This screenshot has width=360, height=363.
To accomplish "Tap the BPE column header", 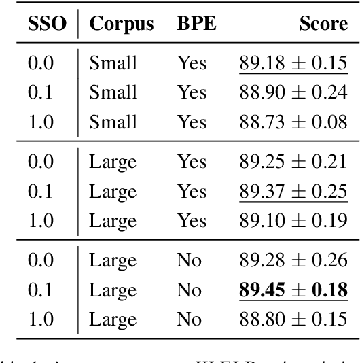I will tap(194, 25).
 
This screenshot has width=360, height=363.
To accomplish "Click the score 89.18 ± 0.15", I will tap(293, 63).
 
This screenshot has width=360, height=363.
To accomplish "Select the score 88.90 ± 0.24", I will tap(293, 92).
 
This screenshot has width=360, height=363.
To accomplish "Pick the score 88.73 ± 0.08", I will tap(293, 121).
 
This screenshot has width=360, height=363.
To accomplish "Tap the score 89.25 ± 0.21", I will tap(293, 161).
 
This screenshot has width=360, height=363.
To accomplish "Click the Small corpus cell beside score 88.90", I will tap(113, 92).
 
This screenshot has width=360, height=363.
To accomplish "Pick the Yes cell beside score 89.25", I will tap(191, 161).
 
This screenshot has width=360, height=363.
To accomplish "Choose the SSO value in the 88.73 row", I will tap(42, 121).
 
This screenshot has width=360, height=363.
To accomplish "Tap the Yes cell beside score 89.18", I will tap(191, 63).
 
